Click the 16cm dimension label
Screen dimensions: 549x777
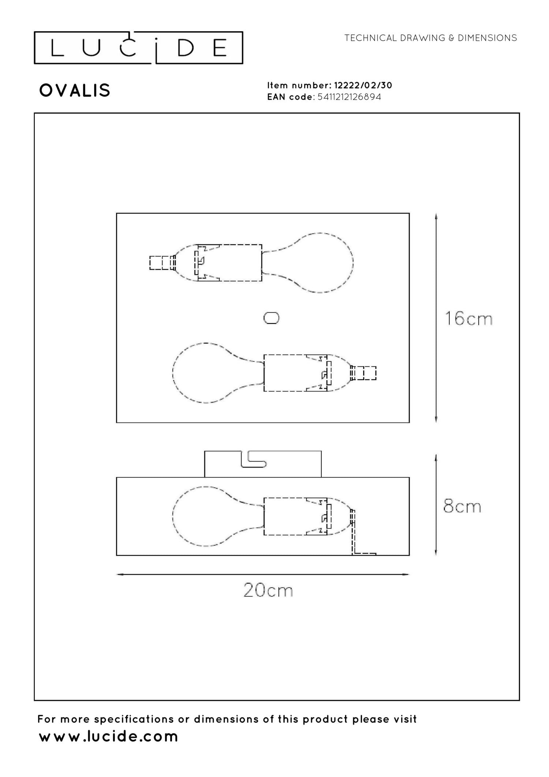pos(468,319)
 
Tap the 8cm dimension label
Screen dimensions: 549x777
pos(462,506)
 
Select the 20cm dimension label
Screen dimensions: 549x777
pos(268,590)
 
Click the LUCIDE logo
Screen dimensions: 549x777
pos(138,48)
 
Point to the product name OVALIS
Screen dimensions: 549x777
pos(75,90)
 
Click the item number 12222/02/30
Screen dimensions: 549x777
pos(363,85)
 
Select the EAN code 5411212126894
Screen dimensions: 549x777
pos(349,97)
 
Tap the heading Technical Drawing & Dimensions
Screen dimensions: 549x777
pos(430,38)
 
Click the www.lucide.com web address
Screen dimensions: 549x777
pos(108,736)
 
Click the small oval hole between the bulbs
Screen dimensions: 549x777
pos(271,318)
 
